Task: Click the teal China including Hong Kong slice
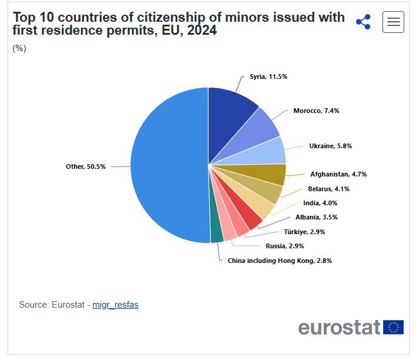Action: tap(216, 233)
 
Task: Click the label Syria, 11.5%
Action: tap(268, 76)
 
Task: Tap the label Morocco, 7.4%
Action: tap(316, 111)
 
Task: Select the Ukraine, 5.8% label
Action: tap(330, 146)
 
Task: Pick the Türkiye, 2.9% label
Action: tap(304, 232)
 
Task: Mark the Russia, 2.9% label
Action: tap(284, 246)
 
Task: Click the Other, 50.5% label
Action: tap(85, 166)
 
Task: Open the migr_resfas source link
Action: tap(115, 305)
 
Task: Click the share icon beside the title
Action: tap(363, 22)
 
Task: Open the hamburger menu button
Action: tap(393, 22)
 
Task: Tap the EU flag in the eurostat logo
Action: tap(393, 327)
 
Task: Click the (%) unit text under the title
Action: tap(19, 48)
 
